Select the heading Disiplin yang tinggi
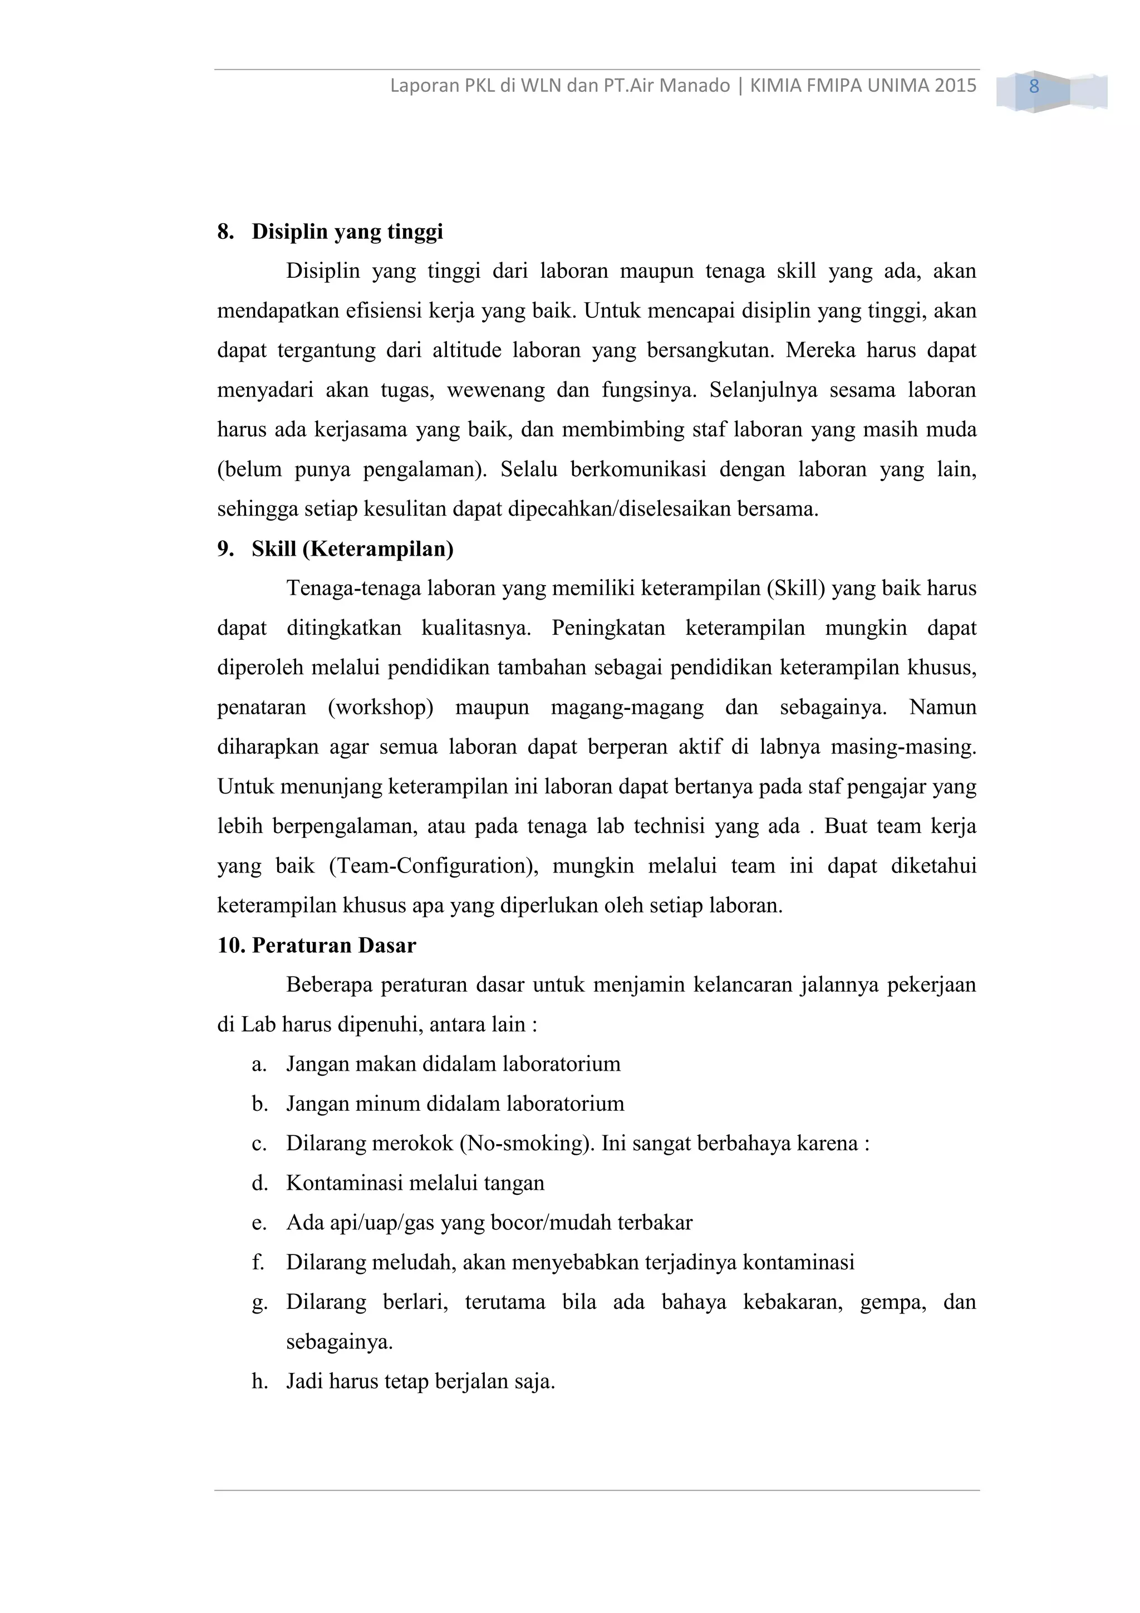point(347,231)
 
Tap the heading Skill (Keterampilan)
point(352,548)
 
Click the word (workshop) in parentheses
point(381,707)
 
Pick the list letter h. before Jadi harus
point(259,1381)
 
